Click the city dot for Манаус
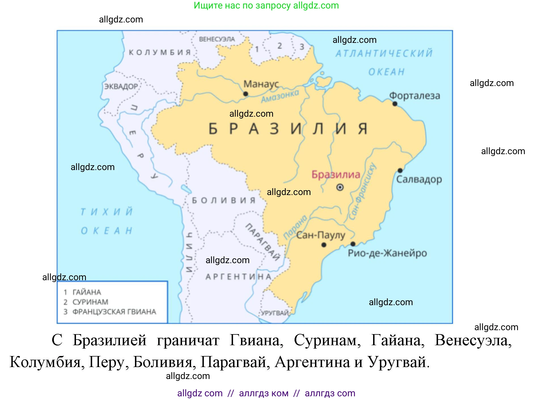246,94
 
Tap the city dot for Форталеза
395,104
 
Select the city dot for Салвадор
400,170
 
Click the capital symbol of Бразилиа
340,187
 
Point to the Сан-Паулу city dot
324,245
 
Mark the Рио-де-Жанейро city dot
353,244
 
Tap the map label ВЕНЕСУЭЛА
217,39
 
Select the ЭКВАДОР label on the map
121,86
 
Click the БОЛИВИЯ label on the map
224,200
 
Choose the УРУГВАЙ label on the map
274,313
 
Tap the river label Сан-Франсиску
363,192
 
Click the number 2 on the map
280,46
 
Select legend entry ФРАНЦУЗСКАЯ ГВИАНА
114,312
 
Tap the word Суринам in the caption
327,340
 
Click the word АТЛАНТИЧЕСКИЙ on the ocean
384,53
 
